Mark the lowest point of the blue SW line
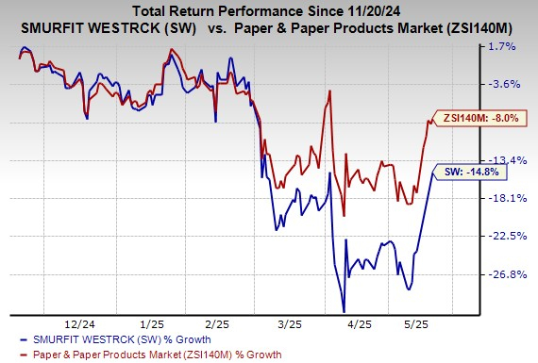point(344,311)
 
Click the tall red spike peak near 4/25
point(328,91)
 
